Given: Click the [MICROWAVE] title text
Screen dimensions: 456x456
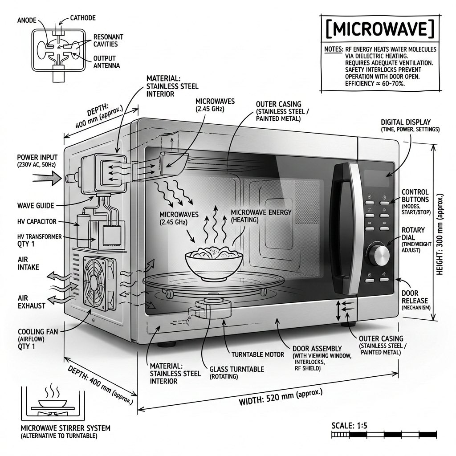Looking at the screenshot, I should click(379, 29).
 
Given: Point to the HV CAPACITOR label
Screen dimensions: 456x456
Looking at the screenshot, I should click(37, 221).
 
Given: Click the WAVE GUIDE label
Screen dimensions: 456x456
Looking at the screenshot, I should click(35, 205).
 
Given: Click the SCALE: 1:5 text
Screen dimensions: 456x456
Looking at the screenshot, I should click(350, 425).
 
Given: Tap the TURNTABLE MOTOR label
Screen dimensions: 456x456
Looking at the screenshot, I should click(257, 354).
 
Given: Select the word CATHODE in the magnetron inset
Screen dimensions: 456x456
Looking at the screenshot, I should click(83, 18).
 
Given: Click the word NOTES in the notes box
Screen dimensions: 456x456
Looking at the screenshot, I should click(333, 49).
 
